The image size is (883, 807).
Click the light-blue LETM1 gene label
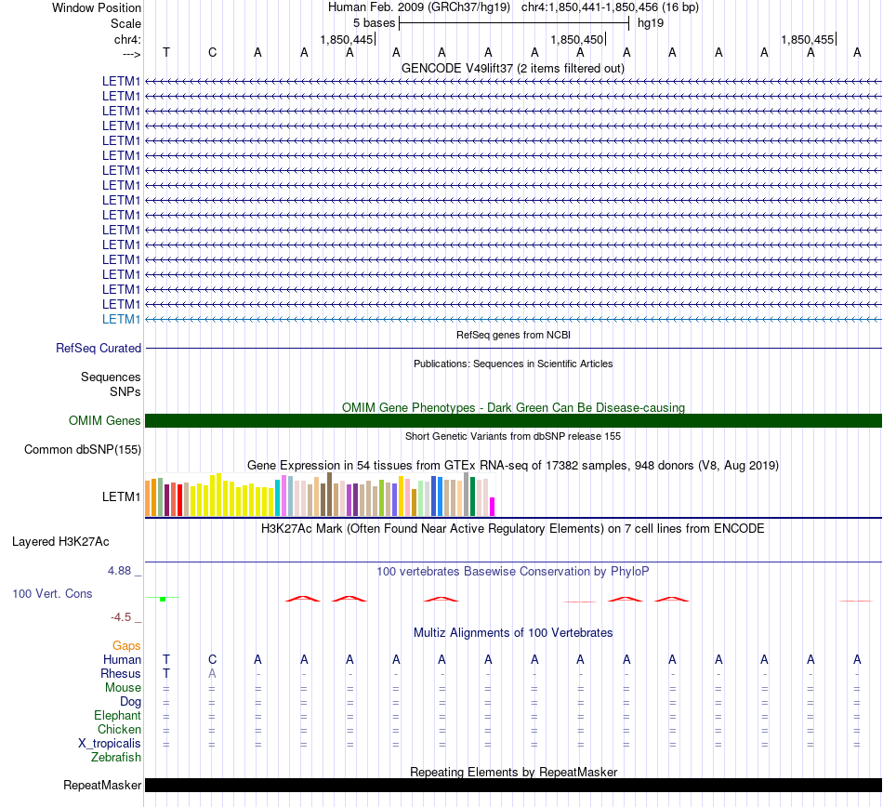coord(121,319)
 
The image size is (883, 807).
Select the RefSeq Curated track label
coord(99,348)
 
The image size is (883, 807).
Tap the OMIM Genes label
coord(105,420)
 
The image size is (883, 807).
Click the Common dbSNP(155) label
coord(83,449)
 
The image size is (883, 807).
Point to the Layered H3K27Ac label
coord(60,542)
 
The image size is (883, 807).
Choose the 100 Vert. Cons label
coord(52,593)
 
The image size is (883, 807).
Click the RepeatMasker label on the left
coord(102,785)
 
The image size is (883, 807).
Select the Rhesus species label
coord(121,673)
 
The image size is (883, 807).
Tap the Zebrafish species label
coord(116,758)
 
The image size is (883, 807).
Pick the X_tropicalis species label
coord(110,744)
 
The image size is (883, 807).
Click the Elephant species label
coord(117,715)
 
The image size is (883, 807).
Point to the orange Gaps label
coord(126,645)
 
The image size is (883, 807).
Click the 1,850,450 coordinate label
coord(576,39)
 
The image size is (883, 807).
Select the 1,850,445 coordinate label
coord(347,39)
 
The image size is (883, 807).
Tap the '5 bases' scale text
coord(374,23)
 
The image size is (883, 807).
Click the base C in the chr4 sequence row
coord(212,52)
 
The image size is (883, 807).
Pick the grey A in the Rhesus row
coord(212,673)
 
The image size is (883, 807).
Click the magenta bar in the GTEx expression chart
coord(493,507)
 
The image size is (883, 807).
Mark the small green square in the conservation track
coord(163,599)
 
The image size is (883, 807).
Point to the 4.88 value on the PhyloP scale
coord(119,571)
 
